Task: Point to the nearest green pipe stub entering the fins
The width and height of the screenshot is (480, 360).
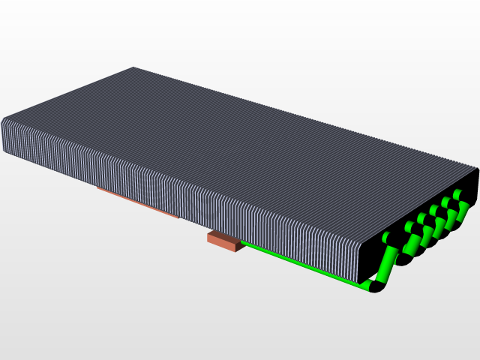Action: (x=387, y=238)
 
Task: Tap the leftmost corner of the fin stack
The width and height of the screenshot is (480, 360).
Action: (x=3, y=121)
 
